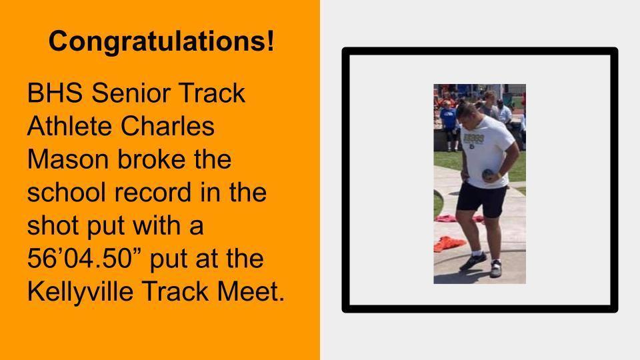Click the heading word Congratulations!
(161, 41)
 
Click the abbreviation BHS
(55, 93)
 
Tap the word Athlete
(69, 126)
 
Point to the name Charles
(167, 126)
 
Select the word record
(153, 192)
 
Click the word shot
(53, 225)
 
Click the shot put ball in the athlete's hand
(488, 175)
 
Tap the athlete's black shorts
(483, 199)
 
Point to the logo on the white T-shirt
(473, 139)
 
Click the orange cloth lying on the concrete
(449, 244)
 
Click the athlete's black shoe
(473, 261)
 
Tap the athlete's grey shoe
(495, 269)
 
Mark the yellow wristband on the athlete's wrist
(499, 175)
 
